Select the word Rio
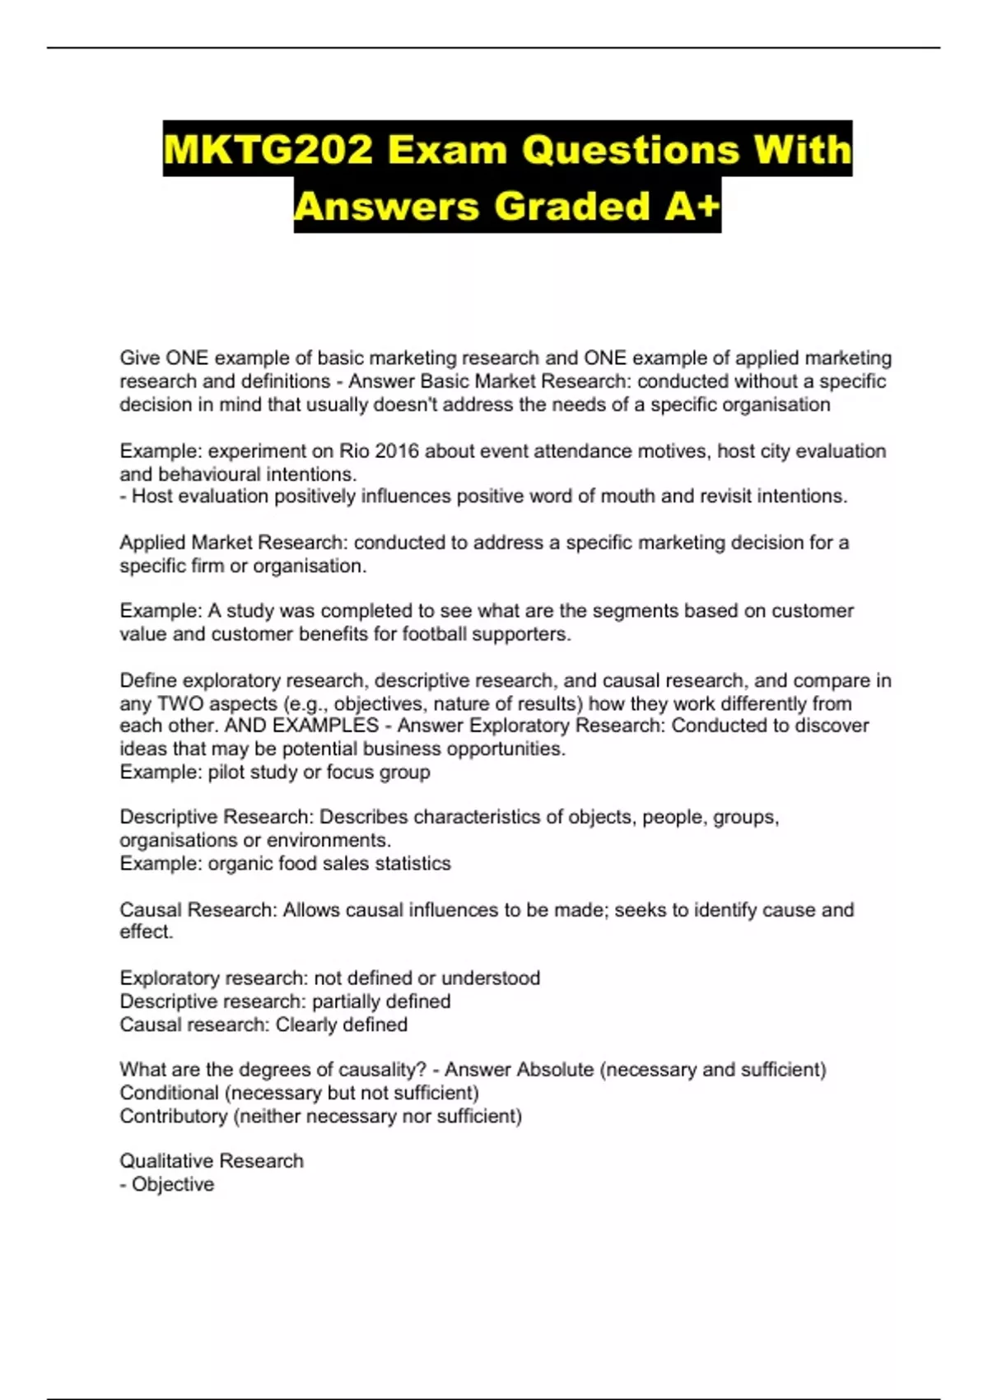pos(352,450)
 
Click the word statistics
pos(412,863)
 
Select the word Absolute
pos(556,1069)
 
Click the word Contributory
pos(174,1116)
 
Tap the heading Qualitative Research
pos(212,1160)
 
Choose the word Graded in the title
pos(571,206)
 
